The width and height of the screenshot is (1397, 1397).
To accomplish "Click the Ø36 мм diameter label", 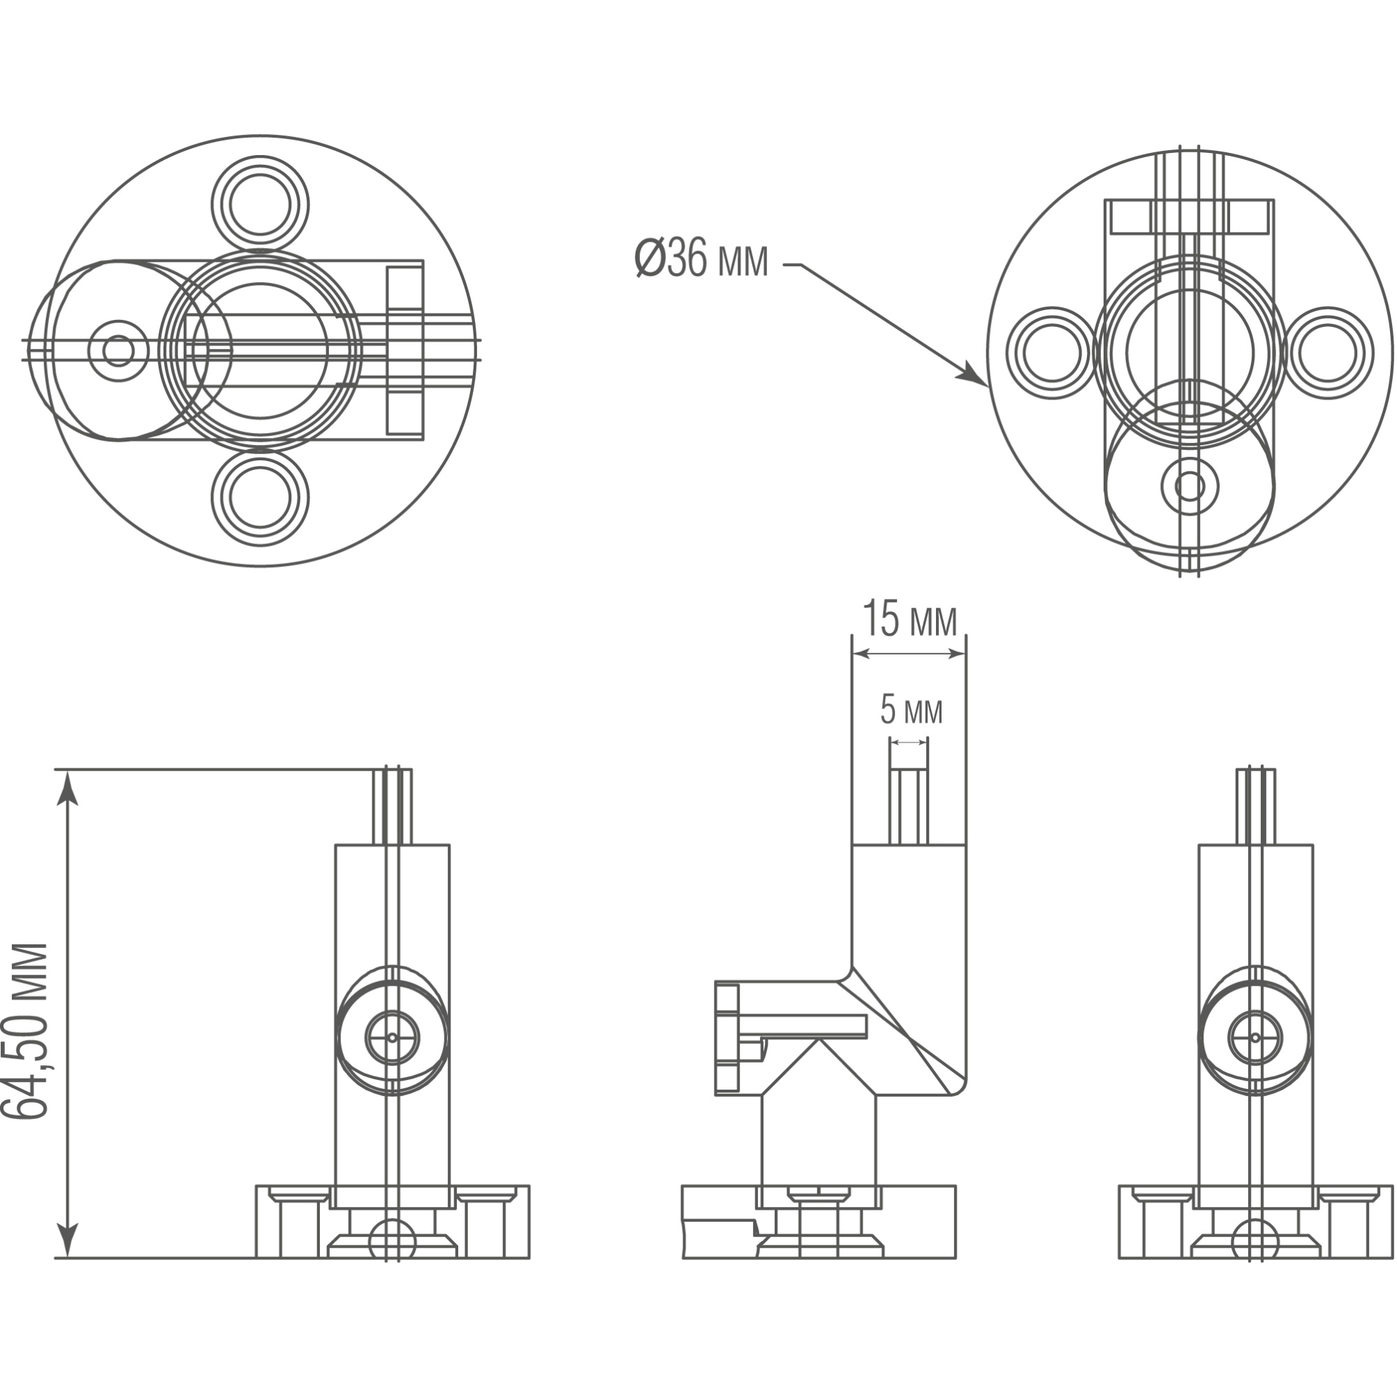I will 701,260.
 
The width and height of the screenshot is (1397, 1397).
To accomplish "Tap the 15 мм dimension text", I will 909,620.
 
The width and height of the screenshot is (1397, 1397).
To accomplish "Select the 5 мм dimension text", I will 910,711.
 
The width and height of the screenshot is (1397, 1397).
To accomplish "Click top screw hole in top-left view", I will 261,205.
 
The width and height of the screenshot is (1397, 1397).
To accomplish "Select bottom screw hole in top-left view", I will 261,497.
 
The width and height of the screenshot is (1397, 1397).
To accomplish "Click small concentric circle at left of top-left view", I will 119,351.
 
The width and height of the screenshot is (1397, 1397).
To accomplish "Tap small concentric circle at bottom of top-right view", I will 1190,487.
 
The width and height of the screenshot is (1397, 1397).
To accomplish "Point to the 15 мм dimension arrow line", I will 909,654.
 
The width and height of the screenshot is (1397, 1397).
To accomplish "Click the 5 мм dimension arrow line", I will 908,742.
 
